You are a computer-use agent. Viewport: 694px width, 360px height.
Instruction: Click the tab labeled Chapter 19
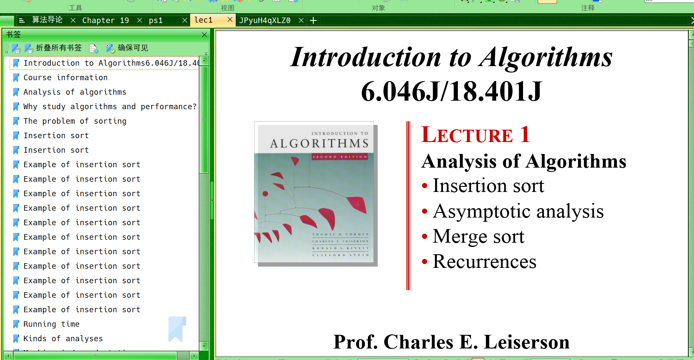coord(105,20)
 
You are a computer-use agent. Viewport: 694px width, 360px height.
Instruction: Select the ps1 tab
coord(156,20)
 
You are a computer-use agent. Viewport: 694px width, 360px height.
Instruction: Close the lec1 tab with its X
coord(230,20)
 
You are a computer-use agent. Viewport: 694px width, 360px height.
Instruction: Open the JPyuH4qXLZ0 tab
coord(265,20)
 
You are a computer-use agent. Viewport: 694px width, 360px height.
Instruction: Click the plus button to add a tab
coord(313,20)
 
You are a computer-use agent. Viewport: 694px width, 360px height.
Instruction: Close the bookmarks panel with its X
coord(204,35)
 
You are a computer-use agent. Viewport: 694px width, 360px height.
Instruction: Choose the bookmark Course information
coord(65,78)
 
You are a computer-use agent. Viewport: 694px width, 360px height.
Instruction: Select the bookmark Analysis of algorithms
coord(75,92)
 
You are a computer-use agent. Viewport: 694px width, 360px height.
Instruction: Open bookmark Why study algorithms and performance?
coord(110,107)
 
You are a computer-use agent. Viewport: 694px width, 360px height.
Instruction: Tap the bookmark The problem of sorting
coord(75,121)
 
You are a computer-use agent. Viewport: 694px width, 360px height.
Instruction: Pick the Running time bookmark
coord(51,324)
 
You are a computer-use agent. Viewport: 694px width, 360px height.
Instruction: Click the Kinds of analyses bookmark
coord(63,339)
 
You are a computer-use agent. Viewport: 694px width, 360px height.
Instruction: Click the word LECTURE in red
coord(467,135)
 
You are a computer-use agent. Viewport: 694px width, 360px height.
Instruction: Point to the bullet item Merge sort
coord(478,236)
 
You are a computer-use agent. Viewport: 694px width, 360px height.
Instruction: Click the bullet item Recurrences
coord(484,261)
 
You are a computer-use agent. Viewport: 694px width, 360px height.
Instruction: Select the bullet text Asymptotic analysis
coord(518,211)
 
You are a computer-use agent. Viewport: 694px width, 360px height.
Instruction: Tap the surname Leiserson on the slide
coord(526,342)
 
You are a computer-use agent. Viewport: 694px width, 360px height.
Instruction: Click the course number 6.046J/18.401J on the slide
coord(451,91)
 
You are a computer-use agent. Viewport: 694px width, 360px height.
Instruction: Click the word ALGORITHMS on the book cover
coord(319,144)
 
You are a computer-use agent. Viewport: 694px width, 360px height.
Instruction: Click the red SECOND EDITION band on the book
coord(339,157)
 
